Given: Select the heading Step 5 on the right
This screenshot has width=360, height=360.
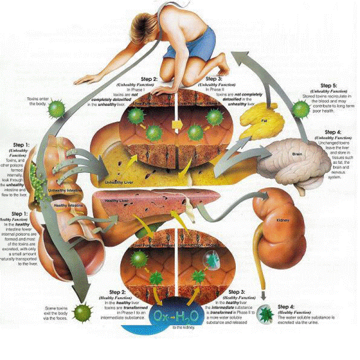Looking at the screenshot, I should tap(329, 86).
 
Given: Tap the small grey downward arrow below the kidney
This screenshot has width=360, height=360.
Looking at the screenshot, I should tap(263, 295).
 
